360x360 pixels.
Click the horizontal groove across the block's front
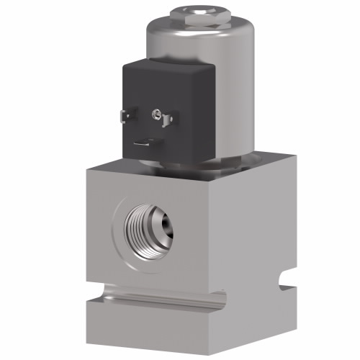(158, 294)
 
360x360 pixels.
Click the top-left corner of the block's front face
(88, 166)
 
